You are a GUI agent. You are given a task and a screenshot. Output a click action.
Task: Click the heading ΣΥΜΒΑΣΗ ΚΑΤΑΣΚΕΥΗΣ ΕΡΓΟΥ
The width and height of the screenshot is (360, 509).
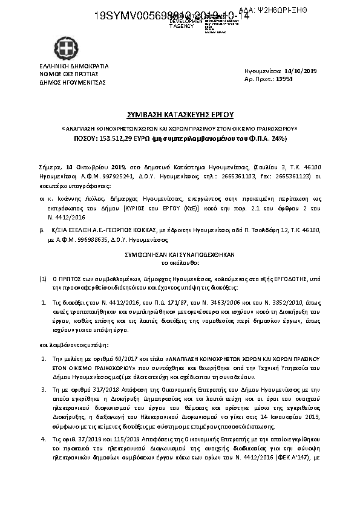point(180,114)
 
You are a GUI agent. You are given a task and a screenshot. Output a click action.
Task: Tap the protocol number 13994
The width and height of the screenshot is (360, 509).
point(284,79)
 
